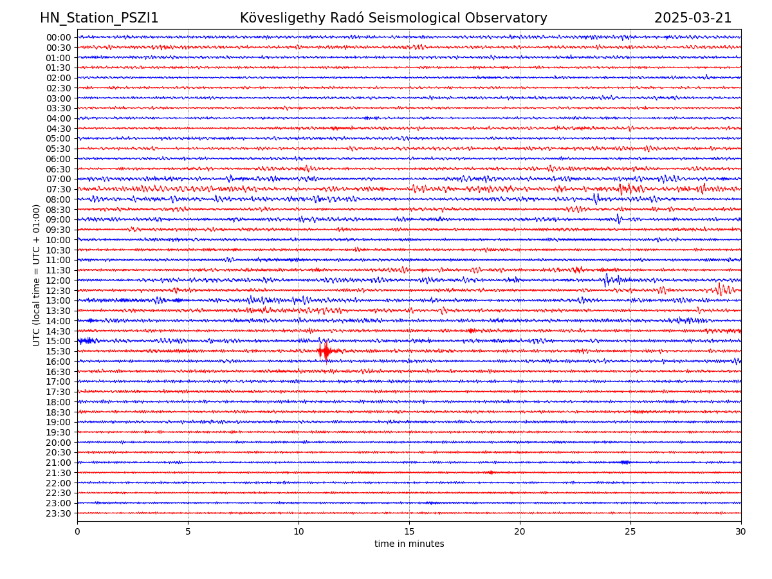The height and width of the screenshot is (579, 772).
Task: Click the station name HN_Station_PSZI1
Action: click(x=99, y=18)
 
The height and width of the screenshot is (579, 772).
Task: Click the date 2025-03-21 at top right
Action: click(x=693, y=18)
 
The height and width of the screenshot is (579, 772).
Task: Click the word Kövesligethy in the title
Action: click(x=280, y=18)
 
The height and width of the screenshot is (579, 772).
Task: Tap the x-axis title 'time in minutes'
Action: click(x=409, y=544)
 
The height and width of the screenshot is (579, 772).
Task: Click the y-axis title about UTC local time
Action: click(x=37, y=275)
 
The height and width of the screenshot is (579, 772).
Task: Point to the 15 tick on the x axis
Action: click(x=409, y=532)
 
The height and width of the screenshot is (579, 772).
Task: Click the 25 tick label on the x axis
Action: click(x=630, y=532)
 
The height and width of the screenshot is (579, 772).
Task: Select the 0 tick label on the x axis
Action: click(x=77, y=532)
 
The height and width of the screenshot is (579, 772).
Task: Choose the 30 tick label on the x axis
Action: click(x=741, y=532)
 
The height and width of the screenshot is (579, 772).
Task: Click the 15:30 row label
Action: click(x=59, y=351)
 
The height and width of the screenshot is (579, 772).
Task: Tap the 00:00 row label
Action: click(x=59, y=37)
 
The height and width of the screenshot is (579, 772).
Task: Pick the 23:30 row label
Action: click(x=59, y=513)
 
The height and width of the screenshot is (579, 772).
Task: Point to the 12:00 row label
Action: click(x=59, y=280)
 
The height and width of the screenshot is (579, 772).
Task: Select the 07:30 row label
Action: click(x=59, y=189)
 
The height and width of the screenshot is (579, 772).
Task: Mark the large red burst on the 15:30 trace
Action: click(x=325, y=351)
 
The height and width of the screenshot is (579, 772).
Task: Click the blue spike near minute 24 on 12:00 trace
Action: click(x=606, y=279)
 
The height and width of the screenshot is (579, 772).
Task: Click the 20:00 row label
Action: click(x=59, y=443)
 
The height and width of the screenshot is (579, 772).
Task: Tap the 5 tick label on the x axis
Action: click(x=188, y=532)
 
